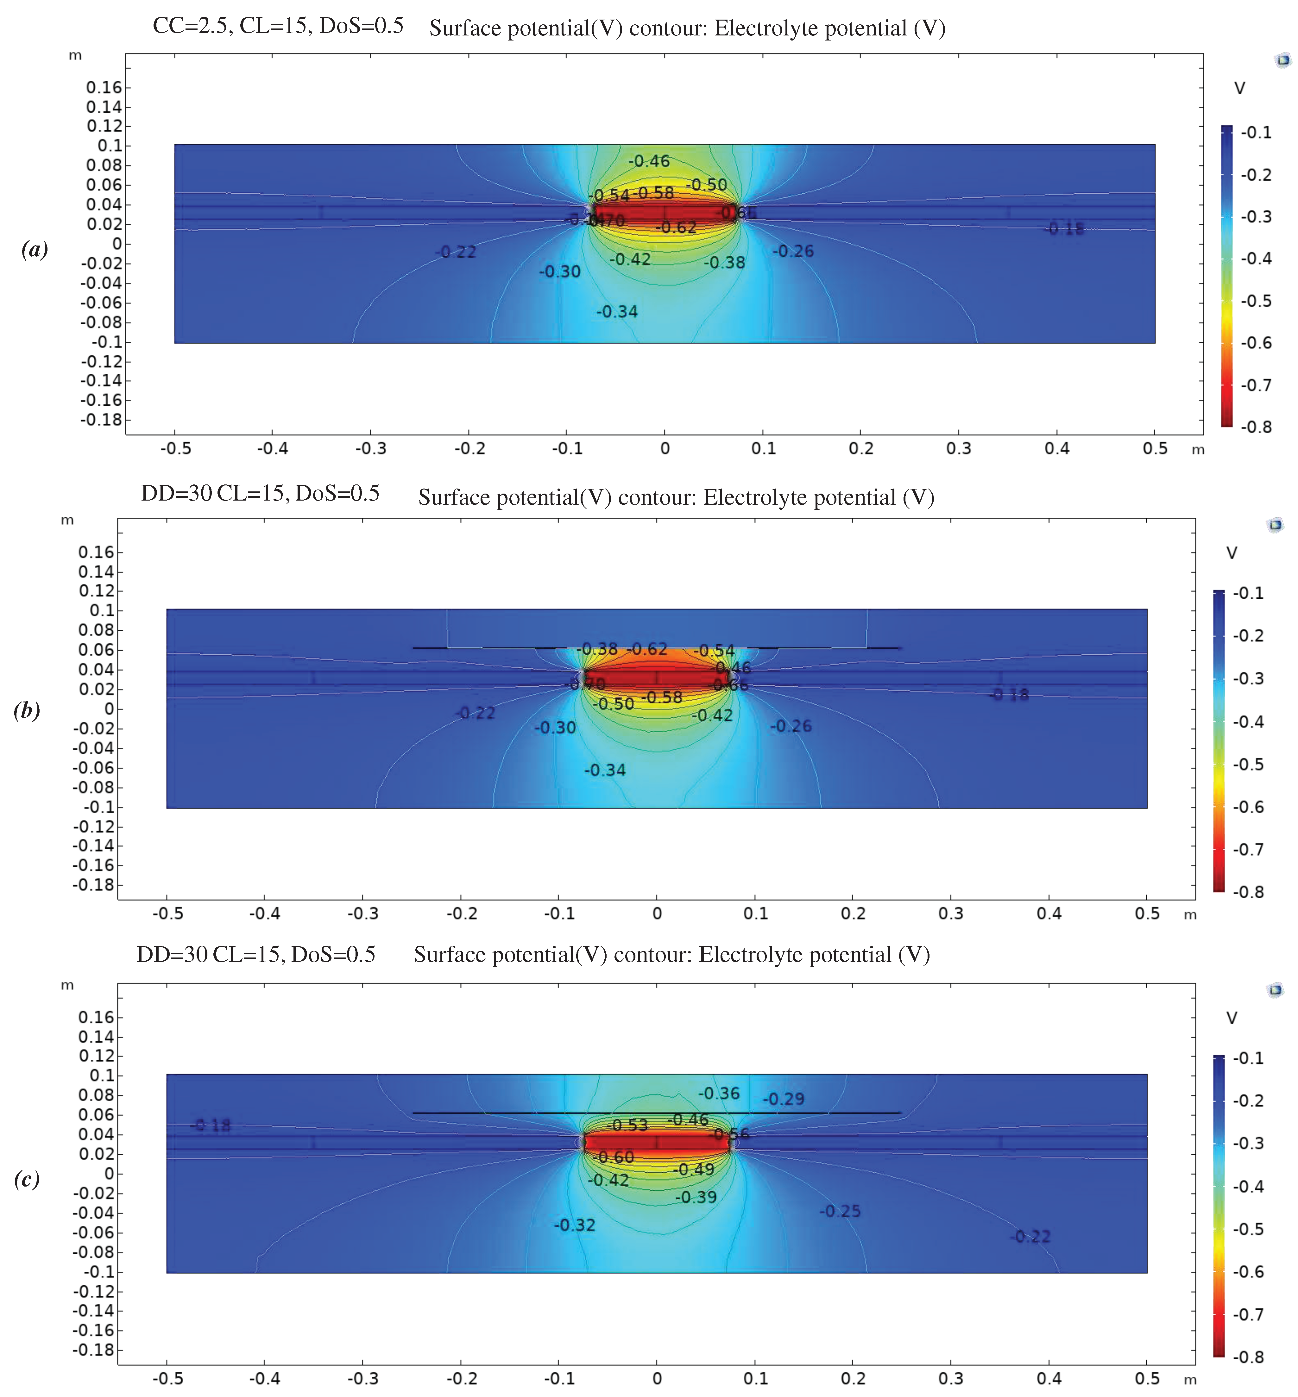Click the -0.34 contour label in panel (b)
pos(605,770)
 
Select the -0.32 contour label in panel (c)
pos(575,1225)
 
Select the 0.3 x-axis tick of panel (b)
pos(951,913)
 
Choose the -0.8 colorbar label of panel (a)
pos(1256,427)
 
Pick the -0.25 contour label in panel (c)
pos(840,1211)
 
